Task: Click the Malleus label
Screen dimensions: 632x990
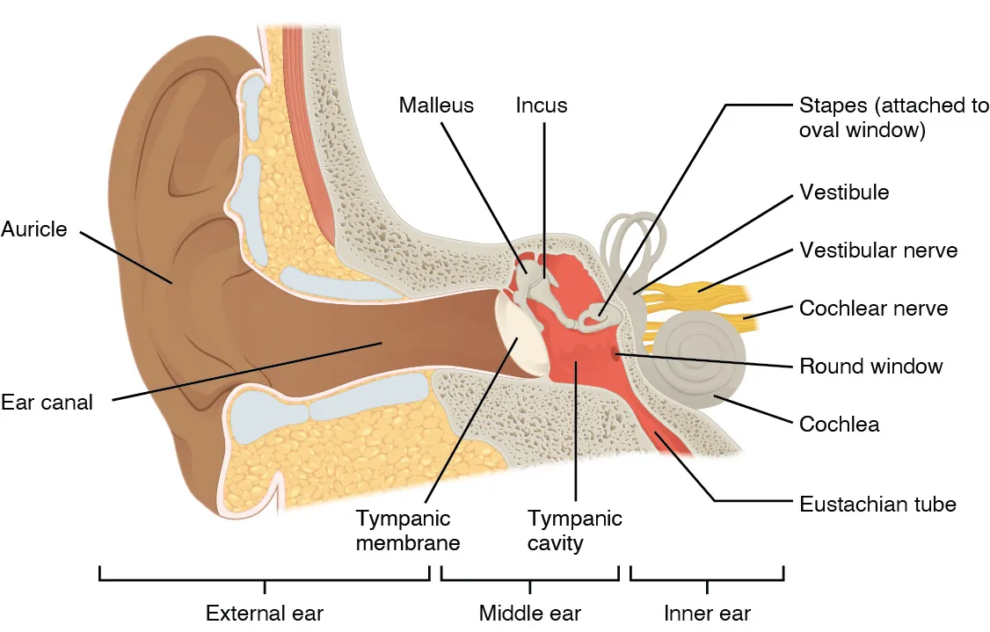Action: [x=436, y=106]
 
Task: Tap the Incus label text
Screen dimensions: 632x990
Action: [x=542, y=106]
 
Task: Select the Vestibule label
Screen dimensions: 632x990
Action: [x=843, y=192]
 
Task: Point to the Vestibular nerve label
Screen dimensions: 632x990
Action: [x=877, y=251]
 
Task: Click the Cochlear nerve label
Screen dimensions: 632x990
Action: [x=873, y=309]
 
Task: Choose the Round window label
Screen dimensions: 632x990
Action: [x=870, y=366]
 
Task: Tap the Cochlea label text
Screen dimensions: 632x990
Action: [x=839, y=425]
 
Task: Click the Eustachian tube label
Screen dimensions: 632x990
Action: [x=877, y=505]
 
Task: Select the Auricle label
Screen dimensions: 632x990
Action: [x=34, y=229]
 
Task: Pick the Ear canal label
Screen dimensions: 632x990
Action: [x=47, y=403]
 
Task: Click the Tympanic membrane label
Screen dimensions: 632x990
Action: [x=408, y=530]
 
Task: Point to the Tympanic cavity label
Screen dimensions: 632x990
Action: [x=574, y=530]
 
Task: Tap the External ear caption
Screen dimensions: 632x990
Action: [x=265, y=613]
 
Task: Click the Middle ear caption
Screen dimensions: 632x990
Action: [x=530, y=613]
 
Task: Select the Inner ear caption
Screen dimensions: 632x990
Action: [x=707, y=613]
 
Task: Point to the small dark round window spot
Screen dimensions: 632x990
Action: [x=615, y=355]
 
